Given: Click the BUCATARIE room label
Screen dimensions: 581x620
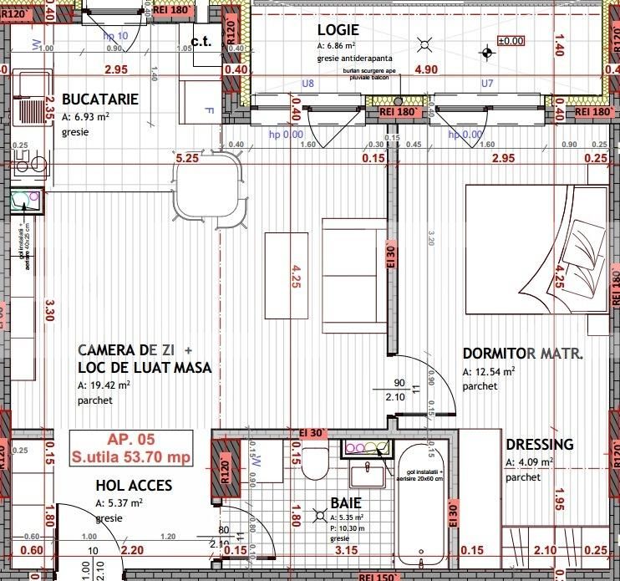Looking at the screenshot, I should point(100,99).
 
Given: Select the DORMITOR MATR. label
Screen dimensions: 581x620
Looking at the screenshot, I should point(523,354).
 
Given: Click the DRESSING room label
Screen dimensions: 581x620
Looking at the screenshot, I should point(540,445).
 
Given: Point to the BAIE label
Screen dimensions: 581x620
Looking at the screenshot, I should point(346,503).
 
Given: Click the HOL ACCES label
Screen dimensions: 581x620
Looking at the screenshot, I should point(134,485).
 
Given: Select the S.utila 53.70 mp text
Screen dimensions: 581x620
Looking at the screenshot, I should point(131,457).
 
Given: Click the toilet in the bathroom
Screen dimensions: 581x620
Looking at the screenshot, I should point(315,463).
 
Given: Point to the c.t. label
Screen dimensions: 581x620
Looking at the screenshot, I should point(201,41).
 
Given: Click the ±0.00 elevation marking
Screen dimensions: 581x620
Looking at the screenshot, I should point(510,40).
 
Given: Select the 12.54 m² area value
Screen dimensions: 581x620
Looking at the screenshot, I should point(489,372).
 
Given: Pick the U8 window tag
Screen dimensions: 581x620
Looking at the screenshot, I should point(307,84).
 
